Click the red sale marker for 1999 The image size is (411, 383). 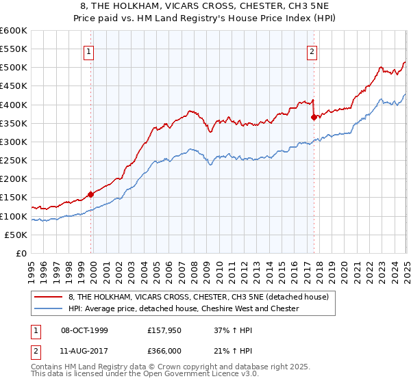[90, 194]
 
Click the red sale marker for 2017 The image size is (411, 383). [314, 117]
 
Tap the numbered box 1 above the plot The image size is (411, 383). [90, 51]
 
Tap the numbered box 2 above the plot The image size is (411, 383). [312, 51]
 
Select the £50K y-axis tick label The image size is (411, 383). [16, 235]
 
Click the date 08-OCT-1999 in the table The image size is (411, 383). [84, 330]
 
